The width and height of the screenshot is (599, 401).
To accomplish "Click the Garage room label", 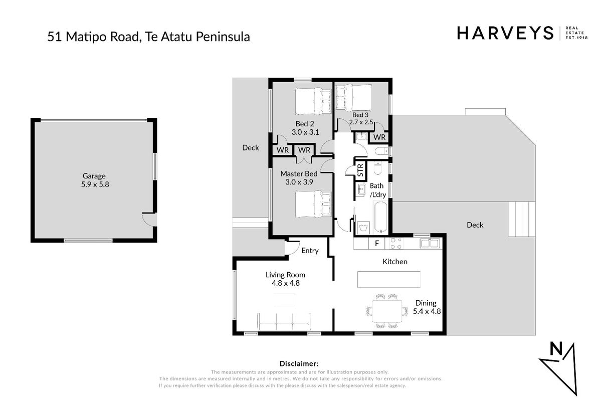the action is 94,176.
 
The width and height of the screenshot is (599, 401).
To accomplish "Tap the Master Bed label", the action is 299,174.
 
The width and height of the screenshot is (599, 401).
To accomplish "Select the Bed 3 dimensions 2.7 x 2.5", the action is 361,122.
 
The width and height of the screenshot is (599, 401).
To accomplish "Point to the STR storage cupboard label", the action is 360,170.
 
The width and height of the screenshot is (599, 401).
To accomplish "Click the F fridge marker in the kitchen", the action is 377,243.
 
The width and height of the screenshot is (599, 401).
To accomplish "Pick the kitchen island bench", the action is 389,279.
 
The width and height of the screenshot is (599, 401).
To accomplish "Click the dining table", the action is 387,311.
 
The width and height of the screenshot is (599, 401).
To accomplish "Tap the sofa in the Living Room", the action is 284,322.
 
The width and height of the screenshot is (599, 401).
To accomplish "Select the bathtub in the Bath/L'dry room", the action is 381,218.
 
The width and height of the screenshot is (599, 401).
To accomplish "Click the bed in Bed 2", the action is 313,101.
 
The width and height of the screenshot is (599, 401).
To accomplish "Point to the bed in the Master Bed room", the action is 313,205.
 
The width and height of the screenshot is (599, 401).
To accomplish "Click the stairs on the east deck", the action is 521,219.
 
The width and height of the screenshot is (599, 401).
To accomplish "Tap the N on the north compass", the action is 556,349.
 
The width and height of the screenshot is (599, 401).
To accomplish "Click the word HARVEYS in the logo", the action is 505,33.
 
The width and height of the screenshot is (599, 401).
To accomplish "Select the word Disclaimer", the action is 299,363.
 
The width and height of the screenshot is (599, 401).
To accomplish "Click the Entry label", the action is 310,251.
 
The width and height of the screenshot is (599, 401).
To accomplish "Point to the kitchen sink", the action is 430,243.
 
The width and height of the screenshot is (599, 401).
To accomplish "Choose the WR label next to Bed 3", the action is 379,137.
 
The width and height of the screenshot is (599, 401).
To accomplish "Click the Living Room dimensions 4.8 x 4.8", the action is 286,283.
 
